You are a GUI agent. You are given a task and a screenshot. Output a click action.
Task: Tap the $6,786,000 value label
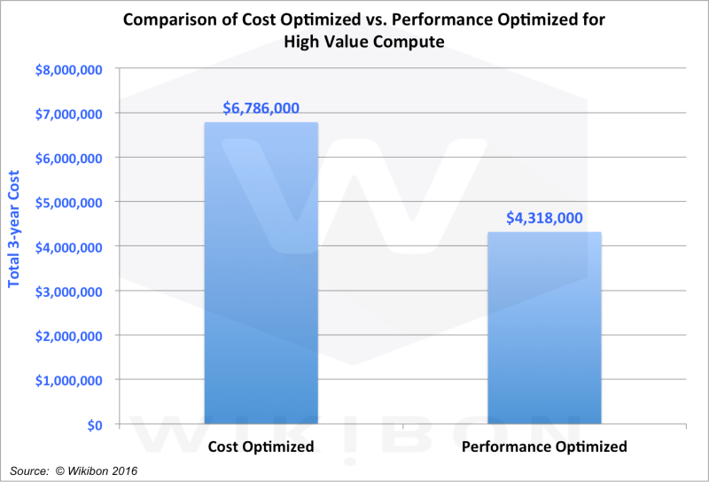pyautogui.click(x=261, y=108)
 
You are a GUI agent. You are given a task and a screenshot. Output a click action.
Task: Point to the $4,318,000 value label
pyautogui.click(x=545, y=218)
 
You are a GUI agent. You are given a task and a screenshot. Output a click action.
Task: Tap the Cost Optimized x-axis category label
pyautogui.click(x=261, y=447)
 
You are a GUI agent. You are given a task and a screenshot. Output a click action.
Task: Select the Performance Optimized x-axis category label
pyautogui.click(x=545, y=447)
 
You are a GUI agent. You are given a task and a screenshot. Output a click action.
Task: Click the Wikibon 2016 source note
pyautogui.click(x=75, y=469)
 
